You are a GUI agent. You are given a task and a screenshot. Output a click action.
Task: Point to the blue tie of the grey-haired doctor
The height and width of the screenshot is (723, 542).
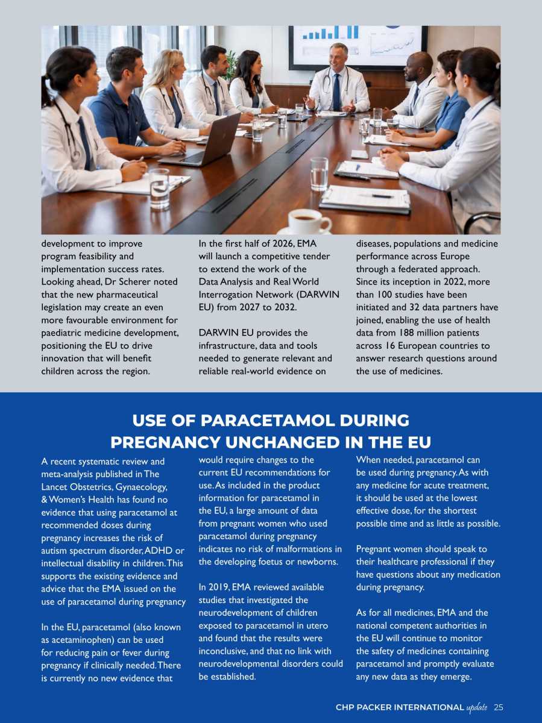(x=336, y=92)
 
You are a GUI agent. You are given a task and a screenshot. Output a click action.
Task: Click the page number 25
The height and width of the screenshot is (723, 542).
(x=498, y=707)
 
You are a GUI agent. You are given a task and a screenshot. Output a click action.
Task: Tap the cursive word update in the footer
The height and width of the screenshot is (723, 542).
(x=477, y=707)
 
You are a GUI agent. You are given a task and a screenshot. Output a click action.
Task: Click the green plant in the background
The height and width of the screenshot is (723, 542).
(x=230, y=65)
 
